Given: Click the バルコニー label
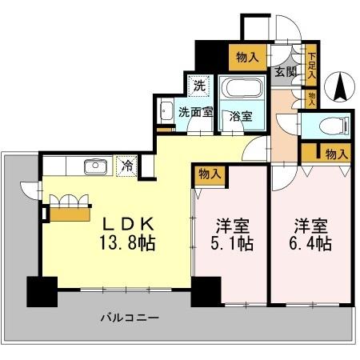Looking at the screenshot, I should (x=129, y=318).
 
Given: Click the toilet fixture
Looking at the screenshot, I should (x=331, y=126).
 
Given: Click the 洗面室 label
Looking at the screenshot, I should (x=194, y=113).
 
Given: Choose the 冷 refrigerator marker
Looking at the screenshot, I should (x=127, y=167).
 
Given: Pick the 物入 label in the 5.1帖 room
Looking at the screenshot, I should (x=210, y=174).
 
